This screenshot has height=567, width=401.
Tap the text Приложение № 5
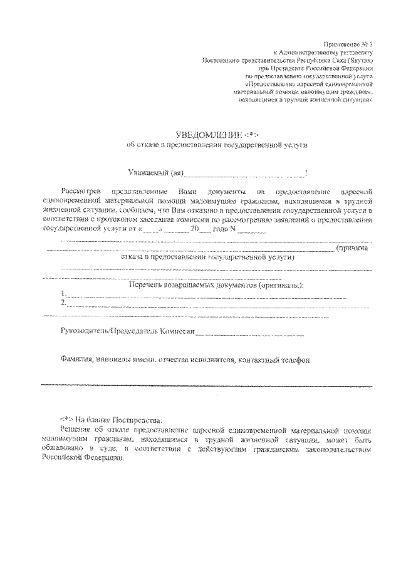pyautogui.click(x=348, y=46)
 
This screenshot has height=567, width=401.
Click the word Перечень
pyautogui.click(x=147, y=285)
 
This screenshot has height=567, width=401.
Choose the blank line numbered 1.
pyautogui.click(x=207, y=296)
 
